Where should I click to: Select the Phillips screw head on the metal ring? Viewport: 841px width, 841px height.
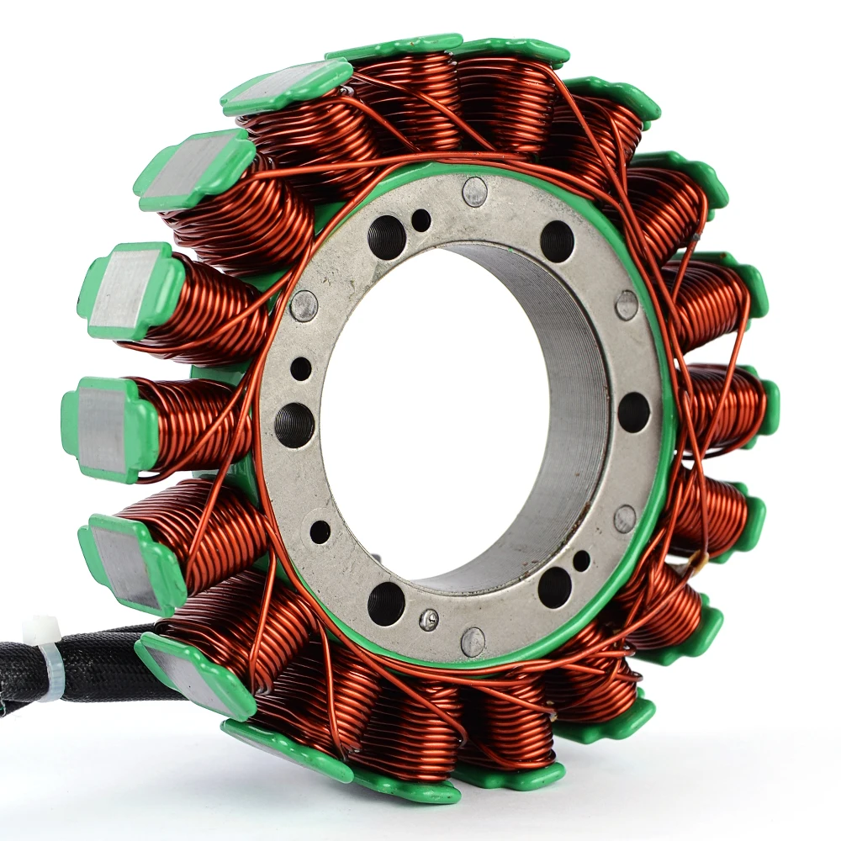point(429,620)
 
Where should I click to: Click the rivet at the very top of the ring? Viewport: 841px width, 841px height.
point(475,192)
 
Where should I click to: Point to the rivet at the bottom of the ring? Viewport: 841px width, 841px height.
point(473,642)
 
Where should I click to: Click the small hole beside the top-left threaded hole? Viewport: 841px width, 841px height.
point(421,220)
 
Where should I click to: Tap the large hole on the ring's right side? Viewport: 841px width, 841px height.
point(633,412)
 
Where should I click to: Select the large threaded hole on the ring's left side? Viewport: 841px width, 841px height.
point(294,425)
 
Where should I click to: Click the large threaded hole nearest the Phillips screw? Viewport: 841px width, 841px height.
point(386,603)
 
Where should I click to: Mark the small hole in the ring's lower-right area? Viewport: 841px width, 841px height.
point(581,560)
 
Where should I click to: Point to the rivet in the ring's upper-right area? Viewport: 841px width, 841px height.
point(627,304)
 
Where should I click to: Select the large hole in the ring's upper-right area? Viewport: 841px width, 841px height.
point(557,241)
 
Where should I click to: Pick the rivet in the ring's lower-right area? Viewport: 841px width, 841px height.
point(625,518)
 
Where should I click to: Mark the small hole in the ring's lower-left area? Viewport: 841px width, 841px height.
point(320,532)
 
